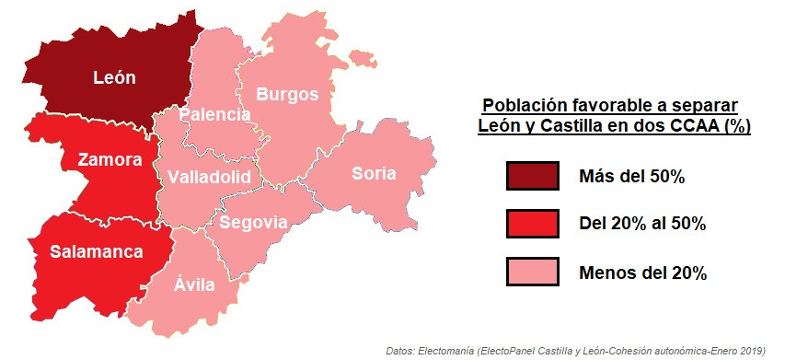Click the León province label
point(114,78)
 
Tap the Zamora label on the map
point(110,160)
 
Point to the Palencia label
point(214,115)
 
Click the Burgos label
point(287,94)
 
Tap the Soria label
point(374,173)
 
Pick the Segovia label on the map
point(253,223)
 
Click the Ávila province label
point(194,285)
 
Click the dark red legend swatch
point(532,176)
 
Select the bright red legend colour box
point(532,224)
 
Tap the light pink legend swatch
point(532,273)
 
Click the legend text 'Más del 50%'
point(631,177)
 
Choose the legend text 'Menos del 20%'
point(642,273)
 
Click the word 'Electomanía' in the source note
point(444,351)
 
